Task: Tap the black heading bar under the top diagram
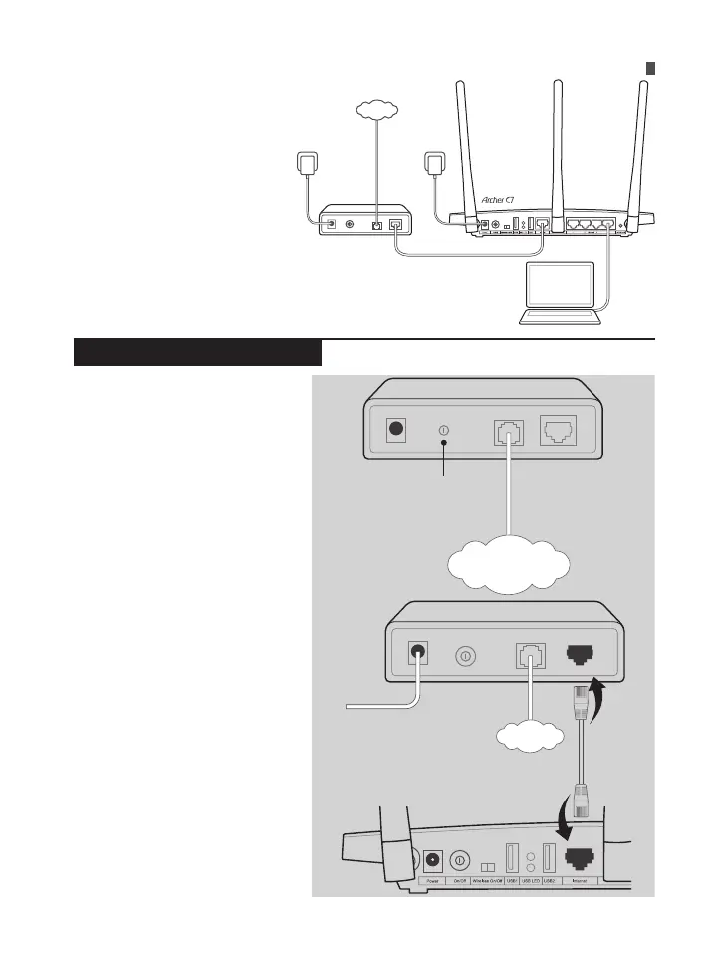point(197,352)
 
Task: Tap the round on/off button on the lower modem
point(466,657)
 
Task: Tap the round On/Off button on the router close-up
point(461,859)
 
